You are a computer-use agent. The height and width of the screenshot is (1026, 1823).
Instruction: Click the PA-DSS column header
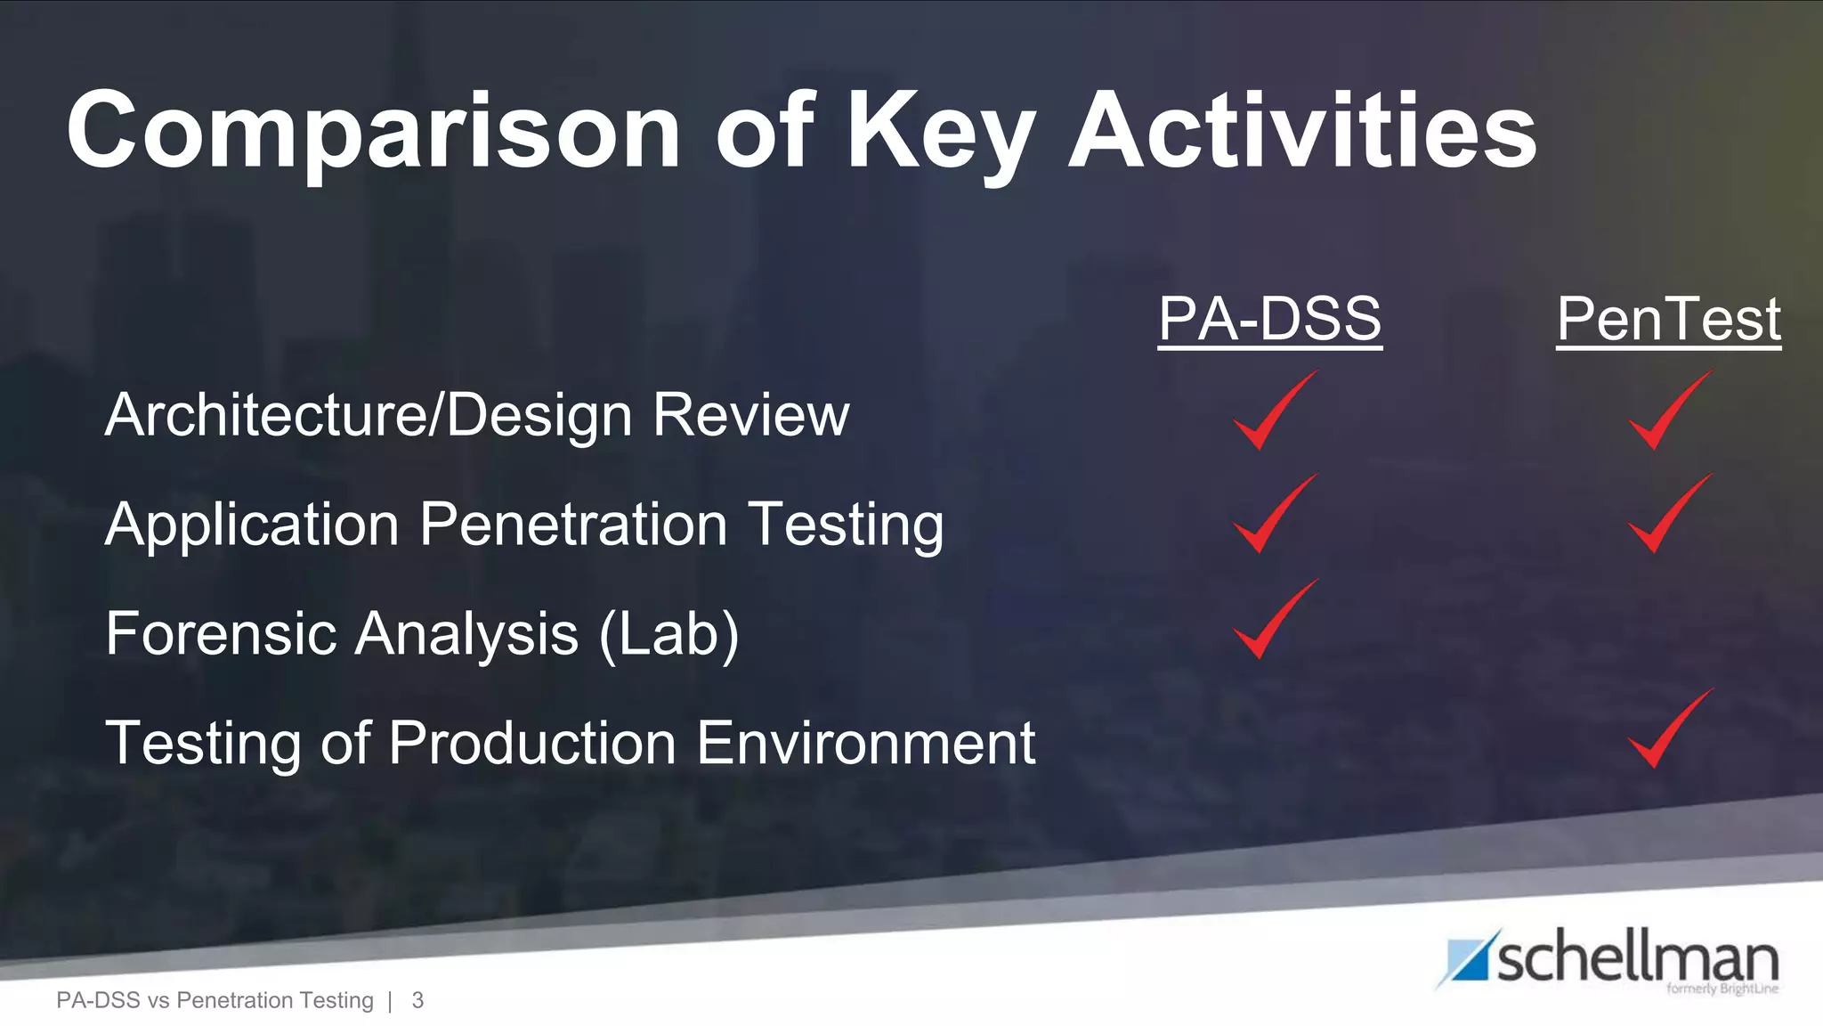1269,319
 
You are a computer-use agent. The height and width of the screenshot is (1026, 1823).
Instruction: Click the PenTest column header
1668,319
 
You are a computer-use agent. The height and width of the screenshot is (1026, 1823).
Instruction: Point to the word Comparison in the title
374,132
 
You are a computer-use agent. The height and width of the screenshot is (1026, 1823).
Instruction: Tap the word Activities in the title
1301,132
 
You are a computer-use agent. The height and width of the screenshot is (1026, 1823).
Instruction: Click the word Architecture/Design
369,415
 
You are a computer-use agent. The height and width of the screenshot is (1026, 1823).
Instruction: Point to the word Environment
865,743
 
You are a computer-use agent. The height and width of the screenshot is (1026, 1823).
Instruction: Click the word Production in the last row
532,743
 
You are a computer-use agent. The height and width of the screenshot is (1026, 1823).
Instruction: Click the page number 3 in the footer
417,1000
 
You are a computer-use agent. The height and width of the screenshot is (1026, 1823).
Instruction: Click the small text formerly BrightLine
1722,989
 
